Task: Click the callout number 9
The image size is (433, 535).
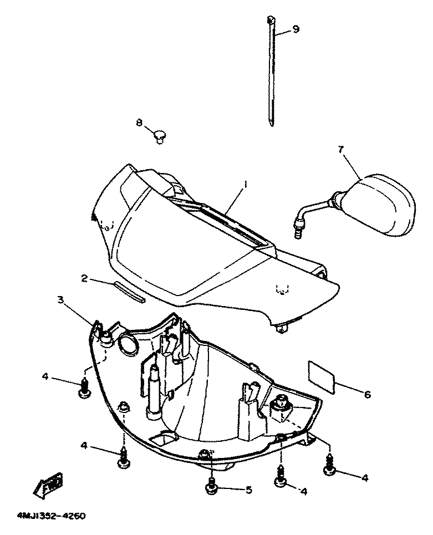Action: point(296,29)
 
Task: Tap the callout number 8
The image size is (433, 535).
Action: point(139,122)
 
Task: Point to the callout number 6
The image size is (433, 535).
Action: point(367,394)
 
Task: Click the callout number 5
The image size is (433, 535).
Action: point(249,490)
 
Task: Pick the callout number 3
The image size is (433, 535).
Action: point(60,300)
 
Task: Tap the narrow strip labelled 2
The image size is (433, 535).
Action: point(130,292)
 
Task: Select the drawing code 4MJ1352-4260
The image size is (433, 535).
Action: point(50,516)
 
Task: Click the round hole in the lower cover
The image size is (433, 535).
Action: point(128,344)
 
